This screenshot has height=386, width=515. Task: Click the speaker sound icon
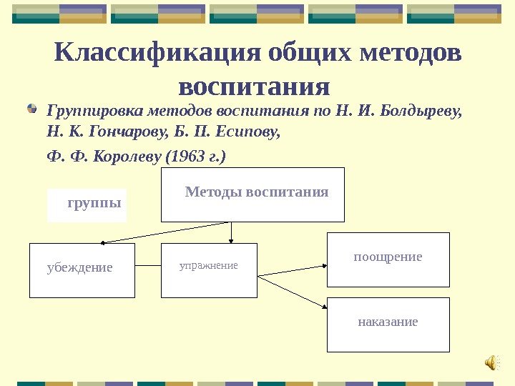click(492, 363)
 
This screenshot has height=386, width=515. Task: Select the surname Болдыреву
click(421, 112)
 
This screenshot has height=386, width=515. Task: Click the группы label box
click(87, 205)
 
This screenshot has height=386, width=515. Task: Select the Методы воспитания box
click(252, 194)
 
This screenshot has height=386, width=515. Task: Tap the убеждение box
click(82, 270)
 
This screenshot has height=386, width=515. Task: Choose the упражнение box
click(208, 270)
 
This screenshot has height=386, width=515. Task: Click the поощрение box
click(388, 259)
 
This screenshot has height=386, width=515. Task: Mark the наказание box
click(388, 325)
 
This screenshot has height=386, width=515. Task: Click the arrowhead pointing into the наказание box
click(323, 307)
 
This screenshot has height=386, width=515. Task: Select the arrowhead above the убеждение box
click(104, 242)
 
